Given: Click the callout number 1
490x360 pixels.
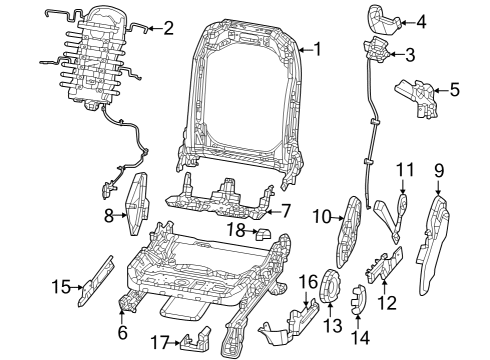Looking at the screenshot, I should [318, 47].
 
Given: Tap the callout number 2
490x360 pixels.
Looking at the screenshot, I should [167, 27].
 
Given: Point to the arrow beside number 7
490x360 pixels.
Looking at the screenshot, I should [269, 211].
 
